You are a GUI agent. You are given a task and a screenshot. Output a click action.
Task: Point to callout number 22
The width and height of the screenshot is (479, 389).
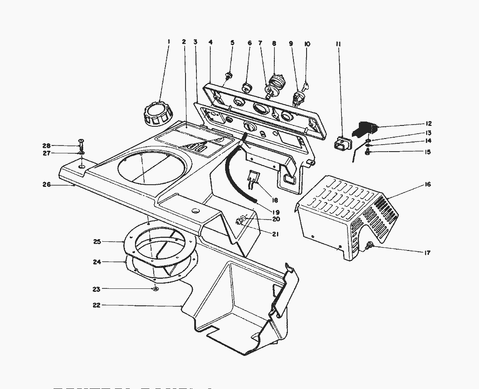coord(96,305)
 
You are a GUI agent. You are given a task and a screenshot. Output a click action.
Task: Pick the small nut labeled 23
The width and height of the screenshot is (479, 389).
coord(155,289)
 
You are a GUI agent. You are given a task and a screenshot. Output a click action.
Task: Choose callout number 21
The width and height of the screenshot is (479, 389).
coord(276,234)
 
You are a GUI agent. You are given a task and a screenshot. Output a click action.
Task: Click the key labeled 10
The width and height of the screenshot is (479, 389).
coord(305,85)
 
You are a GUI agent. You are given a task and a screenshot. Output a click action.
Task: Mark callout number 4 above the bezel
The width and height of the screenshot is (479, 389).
coord(210,42)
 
